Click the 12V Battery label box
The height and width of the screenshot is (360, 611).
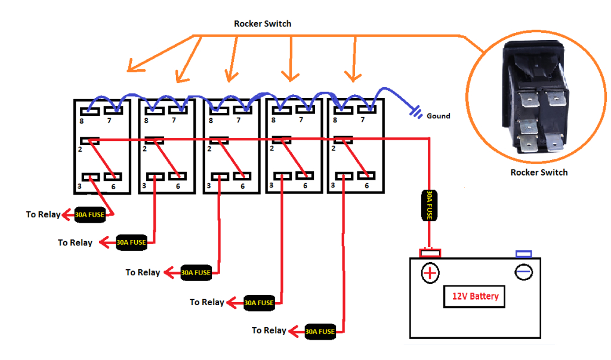(x=474, y=296)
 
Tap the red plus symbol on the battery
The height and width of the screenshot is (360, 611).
(x=430, y=273)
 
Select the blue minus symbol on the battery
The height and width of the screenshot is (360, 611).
(x=523, y=272)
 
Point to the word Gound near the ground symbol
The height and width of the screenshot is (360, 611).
(x=439, y=116)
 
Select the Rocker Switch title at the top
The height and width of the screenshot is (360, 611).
(x=263, y=24)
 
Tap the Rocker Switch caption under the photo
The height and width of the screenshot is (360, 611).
(x=539, y=173)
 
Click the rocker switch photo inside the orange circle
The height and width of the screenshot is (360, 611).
(x=534, y=99)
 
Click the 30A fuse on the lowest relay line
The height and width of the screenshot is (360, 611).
(x=320, y=331)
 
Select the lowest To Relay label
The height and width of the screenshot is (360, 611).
(x=269, y=330)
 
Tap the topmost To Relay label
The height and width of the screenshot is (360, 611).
(x=43, y=214)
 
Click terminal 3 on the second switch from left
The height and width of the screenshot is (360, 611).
(x=155, y=177)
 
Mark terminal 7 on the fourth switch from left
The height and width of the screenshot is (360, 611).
(x=308, y=109)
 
